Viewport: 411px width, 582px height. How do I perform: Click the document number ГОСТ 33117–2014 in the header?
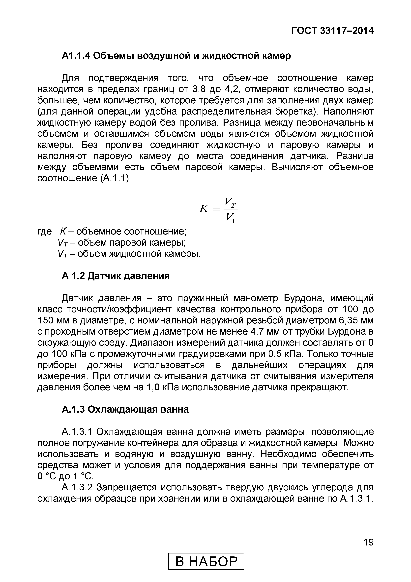point(332,31)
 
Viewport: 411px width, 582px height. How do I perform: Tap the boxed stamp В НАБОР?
point(206,561)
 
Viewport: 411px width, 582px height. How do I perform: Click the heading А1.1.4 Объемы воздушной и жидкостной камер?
point(176,56)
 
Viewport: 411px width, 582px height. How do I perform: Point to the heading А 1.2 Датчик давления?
point(116,276)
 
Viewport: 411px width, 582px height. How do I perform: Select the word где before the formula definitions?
point(45,232)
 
